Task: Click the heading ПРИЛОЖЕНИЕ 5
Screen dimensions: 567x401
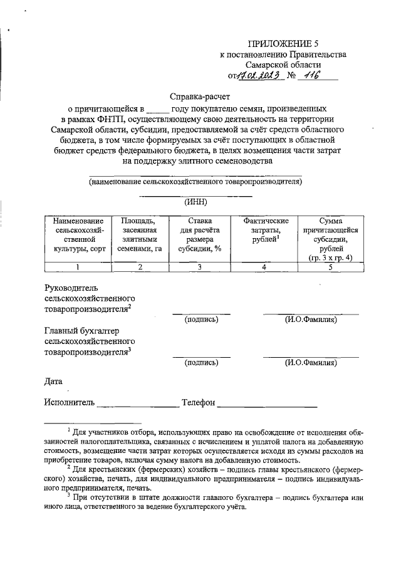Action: pyautogui.click(x=284, y=43)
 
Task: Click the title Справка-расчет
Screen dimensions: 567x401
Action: pyautogui.click(x=199, y=97)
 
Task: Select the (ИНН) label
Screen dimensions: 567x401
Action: pyautogui.click(x=195, y=202)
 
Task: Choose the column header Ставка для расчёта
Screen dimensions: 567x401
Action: pyautogui.click(x=200, y=239)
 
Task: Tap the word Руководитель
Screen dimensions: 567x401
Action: pyautogui.click(x=71, y=287)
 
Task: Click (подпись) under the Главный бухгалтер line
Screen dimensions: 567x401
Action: pyautogui.click(x=201, y=362)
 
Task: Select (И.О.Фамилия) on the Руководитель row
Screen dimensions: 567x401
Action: pyautogui.click(x=311, y=320)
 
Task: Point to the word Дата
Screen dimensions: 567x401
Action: pyautogui.click(x=53, y=381)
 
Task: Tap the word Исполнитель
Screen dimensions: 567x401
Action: pyautogui.click(x=69, y=402)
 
